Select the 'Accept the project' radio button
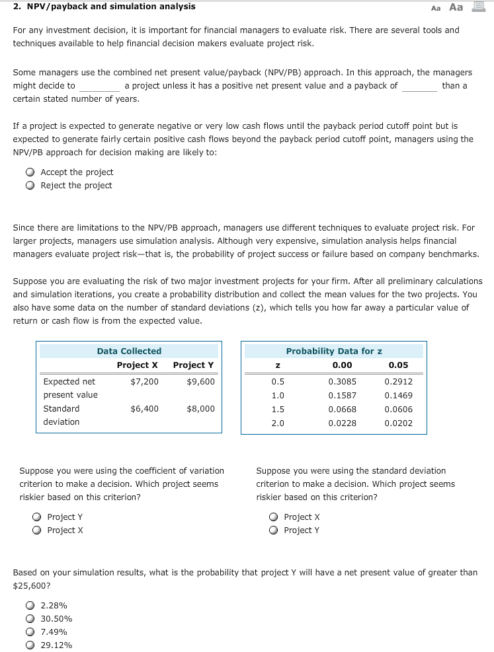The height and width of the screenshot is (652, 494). (30, 172)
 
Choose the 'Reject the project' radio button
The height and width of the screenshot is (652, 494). (30, 186)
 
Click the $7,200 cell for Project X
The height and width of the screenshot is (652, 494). (144, 382)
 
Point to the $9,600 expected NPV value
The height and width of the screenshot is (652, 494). (200, 382)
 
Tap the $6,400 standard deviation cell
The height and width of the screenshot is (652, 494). (144, 409)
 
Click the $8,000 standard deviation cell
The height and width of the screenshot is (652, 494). (200, 409)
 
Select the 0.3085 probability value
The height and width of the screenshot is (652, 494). (342, 382)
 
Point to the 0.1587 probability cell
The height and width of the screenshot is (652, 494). (342, 396)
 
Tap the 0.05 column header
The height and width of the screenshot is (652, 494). (398, 365)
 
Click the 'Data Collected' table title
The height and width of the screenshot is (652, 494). (129, 351)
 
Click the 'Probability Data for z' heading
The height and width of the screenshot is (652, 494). (334, 351)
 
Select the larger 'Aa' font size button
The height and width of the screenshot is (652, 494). (456, 7)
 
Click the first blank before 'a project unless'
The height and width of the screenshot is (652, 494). (99, 87)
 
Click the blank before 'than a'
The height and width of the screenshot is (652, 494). (419, 87)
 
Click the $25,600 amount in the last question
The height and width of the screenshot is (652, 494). (27, 586)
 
